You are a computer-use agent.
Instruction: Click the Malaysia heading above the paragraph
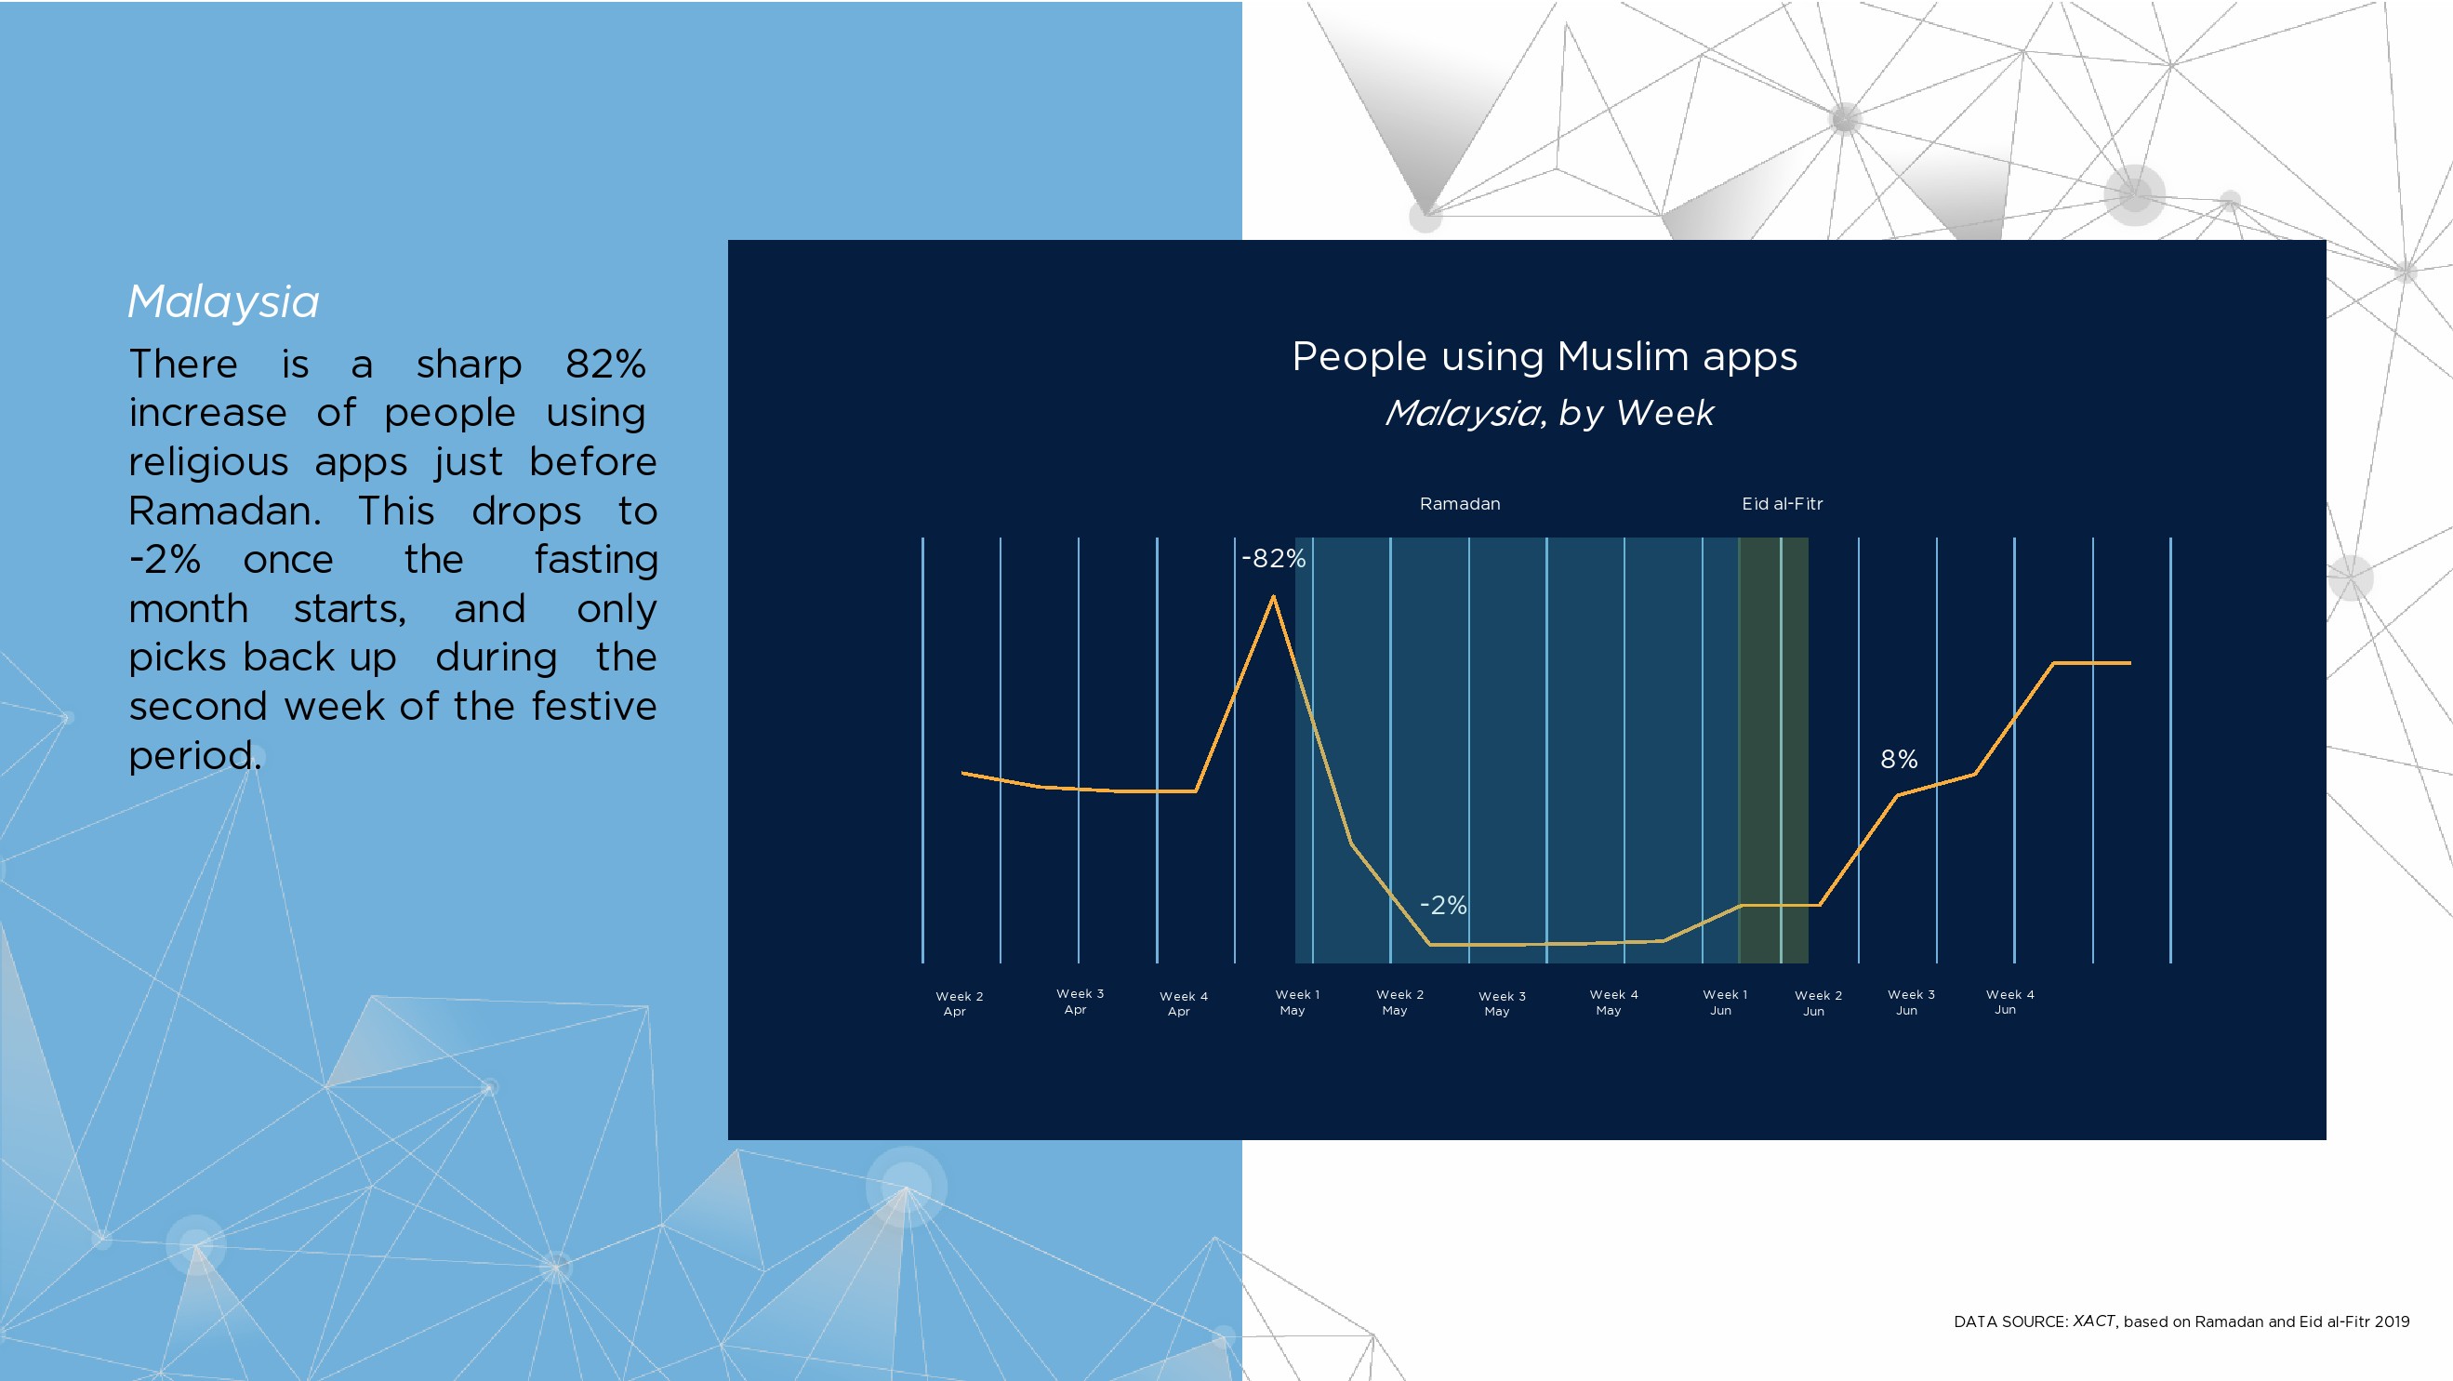(224, 303)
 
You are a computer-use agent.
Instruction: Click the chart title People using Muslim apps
(1545, 357)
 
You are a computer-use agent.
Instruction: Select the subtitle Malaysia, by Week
(1549, 413)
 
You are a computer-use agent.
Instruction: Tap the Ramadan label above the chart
(1460, 504)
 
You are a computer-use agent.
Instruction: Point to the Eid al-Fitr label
(1783, 504)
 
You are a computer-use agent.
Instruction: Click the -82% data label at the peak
(1273, 558)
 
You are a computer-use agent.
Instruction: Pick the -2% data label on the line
(1442, 905)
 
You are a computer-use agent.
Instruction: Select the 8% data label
(1899, 759)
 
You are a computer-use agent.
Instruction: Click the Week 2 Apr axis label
(959, 1003)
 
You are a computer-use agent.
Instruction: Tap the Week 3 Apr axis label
(1080, 1001)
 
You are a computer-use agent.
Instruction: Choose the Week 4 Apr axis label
(1184, 1003)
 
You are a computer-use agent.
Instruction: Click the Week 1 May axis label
(1297, 1002)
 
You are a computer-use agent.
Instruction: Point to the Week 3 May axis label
(1502, 1003)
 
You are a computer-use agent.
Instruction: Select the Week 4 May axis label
(1613, 1002)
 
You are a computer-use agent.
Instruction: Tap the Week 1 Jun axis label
(1725, 1002)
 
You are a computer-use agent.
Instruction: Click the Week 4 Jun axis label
(2009, 1001)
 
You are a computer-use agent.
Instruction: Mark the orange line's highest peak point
(1273, 596)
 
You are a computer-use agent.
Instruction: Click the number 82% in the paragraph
(605, 364)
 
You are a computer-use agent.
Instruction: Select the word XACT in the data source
(2093, 1321)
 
